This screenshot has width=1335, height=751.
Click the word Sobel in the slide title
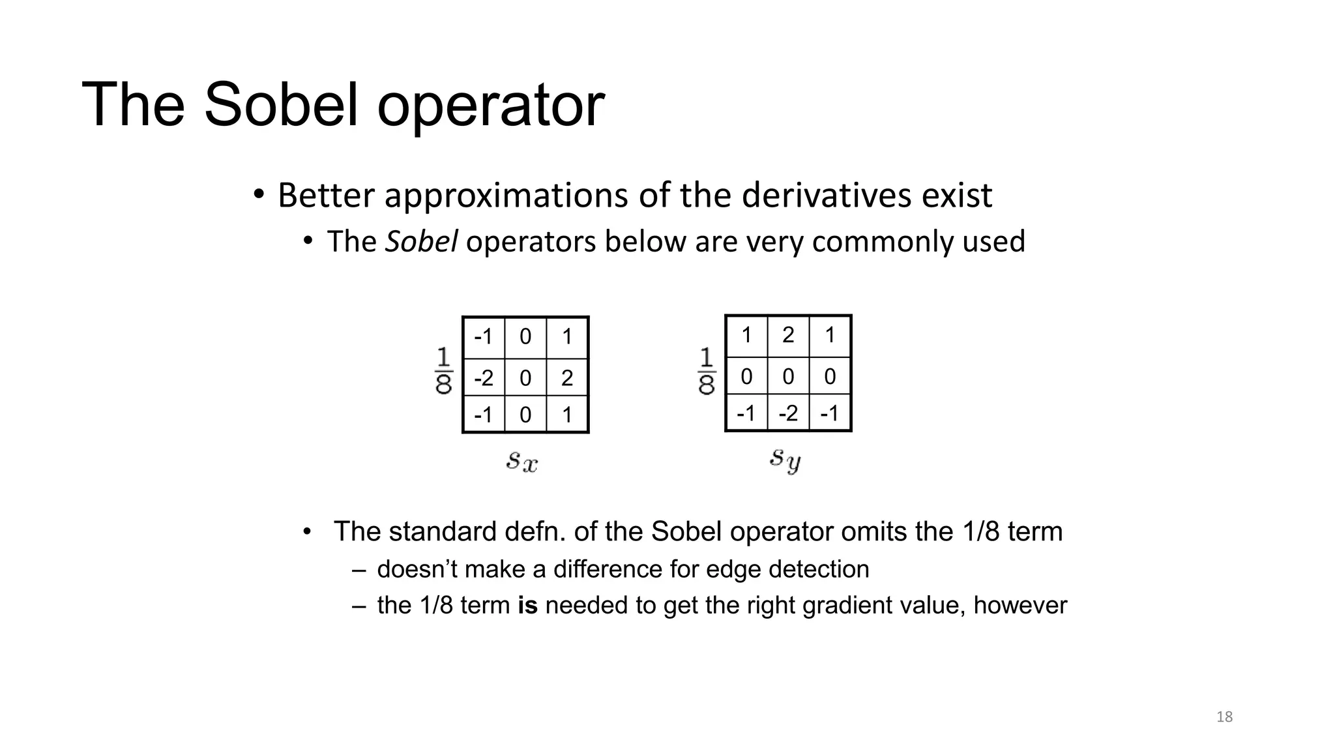tap(280, 104)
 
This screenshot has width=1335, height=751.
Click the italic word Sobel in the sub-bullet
tap(421, 241)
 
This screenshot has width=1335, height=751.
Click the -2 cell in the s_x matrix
tap(484, 378)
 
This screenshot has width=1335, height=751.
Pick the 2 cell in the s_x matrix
tap(566, 378)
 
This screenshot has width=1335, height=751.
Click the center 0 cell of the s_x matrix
tap(525, 378)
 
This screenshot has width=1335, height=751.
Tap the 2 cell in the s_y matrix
tap(788, 335)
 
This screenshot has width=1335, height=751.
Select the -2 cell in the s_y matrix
tap(788, 413)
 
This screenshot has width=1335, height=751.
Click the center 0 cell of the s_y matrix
tap(788, 376)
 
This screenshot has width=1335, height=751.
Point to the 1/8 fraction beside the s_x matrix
tap(443, 371)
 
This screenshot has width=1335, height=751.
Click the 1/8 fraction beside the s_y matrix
tap(707, 371)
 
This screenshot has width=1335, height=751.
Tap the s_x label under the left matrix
tap(522, 462)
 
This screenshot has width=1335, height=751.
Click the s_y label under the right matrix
tap(785, 460)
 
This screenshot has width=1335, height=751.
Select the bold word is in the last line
tap(527, 606)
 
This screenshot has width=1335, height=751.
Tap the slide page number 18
tap(1224, 717)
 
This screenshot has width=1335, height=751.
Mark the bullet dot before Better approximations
tap(259, 194)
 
